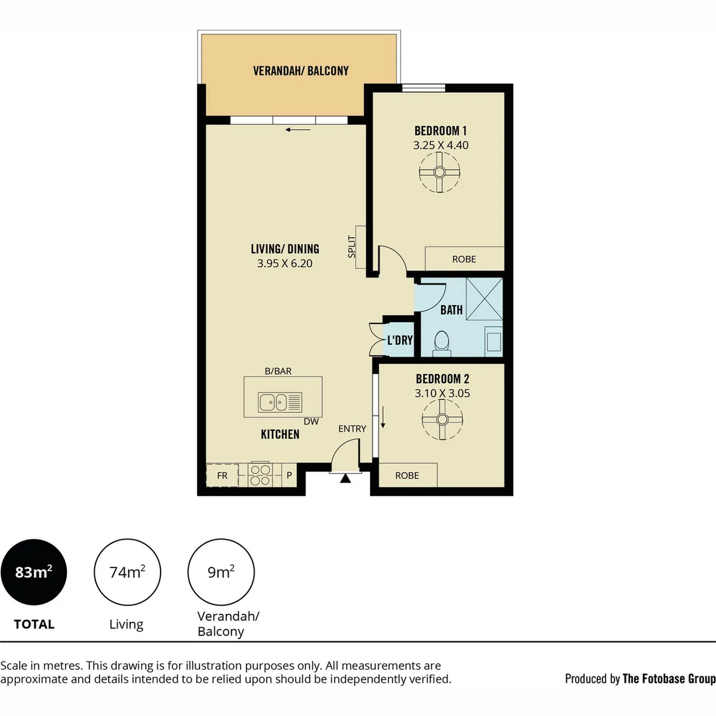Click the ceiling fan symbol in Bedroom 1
click(439, 172)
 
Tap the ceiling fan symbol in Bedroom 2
click(442, 419)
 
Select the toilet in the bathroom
click(442, 341)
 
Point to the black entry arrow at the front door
click(345, 478)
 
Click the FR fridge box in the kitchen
click(222, 475)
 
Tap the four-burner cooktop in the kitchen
click(259, 475)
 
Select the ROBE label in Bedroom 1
click(464, 259)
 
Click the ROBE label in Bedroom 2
click(407, 475)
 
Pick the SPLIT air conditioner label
click(352, 247)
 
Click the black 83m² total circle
click(34, 572)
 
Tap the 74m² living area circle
click(128, 572)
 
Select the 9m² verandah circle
click(221, 572)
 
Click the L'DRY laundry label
click(400, 340)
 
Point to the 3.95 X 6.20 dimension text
click(284, 263)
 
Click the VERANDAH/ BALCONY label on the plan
click(300, 71)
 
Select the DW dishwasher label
click(310, 422)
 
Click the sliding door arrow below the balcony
click(298, 129)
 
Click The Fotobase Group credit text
click(669, 678)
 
